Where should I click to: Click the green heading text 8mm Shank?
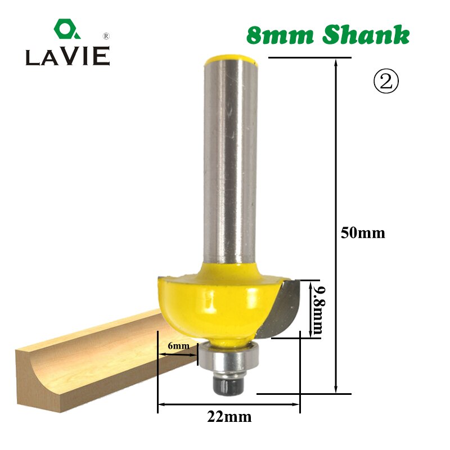328,35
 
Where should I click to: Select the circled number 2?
386,82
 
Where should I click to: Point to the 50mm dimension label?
363,233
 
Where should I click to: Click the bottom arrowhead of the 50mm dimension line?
336,389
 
